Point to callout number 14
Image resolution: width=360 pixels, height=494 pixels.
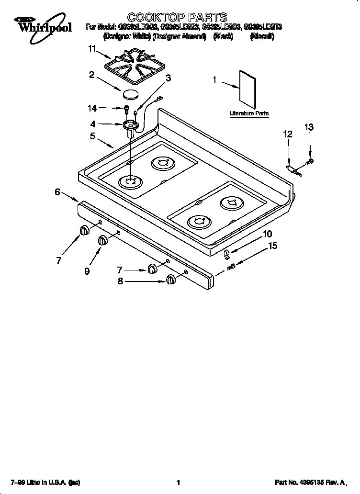92,108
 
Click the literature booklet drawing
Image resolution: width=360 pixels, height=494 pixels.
248,90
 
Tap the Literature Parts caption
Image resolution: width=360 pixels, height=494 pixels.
249,113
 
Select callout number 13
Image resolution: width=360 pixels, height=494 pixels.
309,127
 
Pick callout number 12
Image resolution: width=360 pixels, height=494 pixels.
288,135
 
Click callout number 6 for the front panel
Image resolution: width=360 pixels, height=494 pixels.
57,192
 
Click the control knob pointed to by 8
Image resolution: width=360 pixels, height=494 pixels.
170,280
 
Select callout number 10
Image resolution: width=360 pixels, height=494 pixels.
268,234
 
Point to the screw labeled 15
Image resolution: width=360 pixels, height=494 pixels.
231,266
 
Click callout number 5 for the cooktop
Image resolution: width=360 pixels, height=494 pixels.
92,136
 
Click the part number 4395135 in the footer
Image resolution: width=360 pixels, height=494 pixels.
310,483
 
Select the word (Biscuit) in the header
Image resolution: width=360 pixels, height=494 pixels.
262,36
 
